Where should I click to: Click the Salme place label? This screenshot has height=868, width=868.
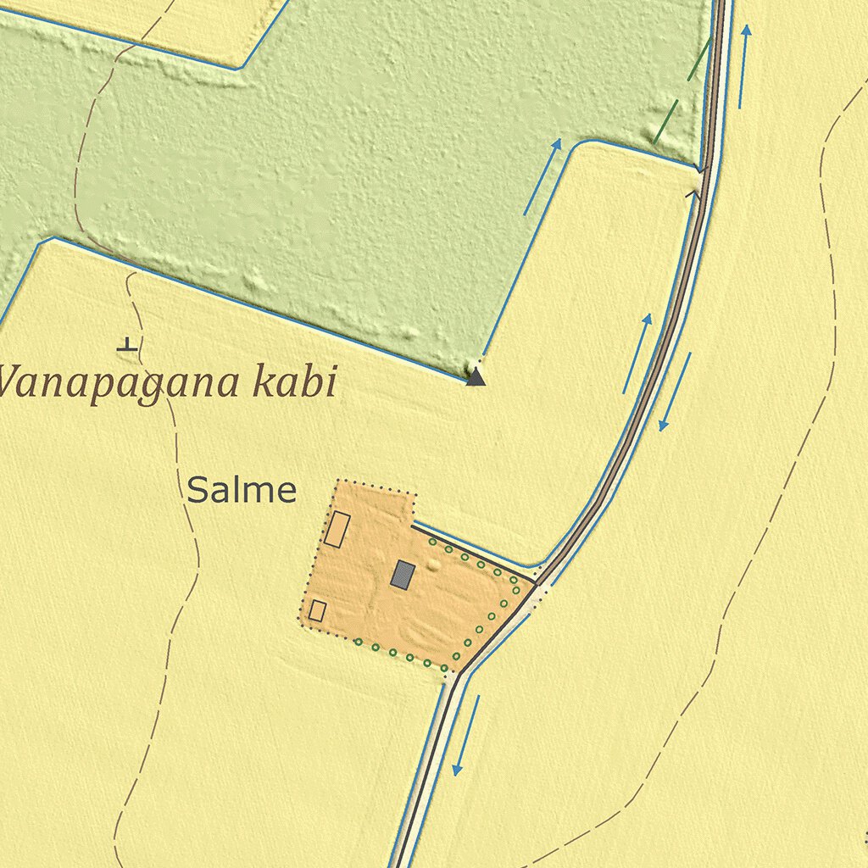click(x=242, y=491)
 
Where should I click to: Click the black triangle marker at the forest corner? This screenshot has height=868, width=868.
click(x=476, y=376)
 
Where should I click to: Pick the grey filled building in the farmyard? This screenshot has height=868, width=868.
click(x=403, y=575)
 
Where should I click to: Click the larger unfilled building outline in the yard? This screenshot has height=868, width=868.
click(x=337, y=529)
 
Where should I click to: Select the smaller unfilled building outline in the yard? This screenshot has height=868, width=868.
click(x=318, y=610)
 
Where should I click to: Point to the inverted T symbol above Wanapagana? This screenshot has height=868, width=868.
click(x=127, y=344)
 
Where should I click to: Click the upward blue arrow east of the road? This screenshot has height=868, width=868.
click(x=743, y=66)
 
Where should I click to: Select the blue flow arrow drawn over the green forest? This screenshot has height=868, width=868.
click(x=542, y=176)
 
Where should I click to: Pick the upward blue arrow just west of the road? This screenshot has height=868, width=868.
click(x=637, y=353)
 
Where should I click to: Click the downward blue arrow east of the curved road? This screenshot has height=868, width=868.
click(x=675, y=392)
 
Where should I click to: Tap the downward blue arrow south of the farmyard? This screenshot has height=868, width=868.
click(x=465, y=736)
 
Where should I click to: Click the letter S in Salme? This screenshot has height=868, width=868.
click(x=198, y=491)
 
